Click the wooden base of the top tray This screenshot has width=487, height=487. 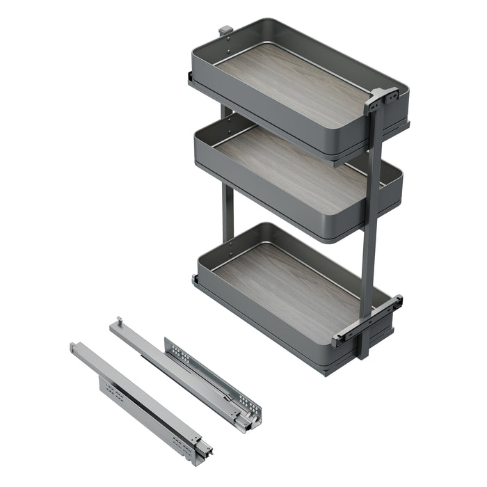tap(292, 83)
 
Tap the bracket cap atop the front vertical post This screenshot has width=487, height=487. tap(380, 97)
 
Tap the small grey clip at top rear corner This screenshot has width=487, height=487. tap(225, 31)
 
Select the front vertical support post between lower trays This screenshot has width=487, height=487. tap(370, 237)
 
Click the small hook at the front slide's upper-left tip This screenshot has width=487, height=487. tap(73, 346)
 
